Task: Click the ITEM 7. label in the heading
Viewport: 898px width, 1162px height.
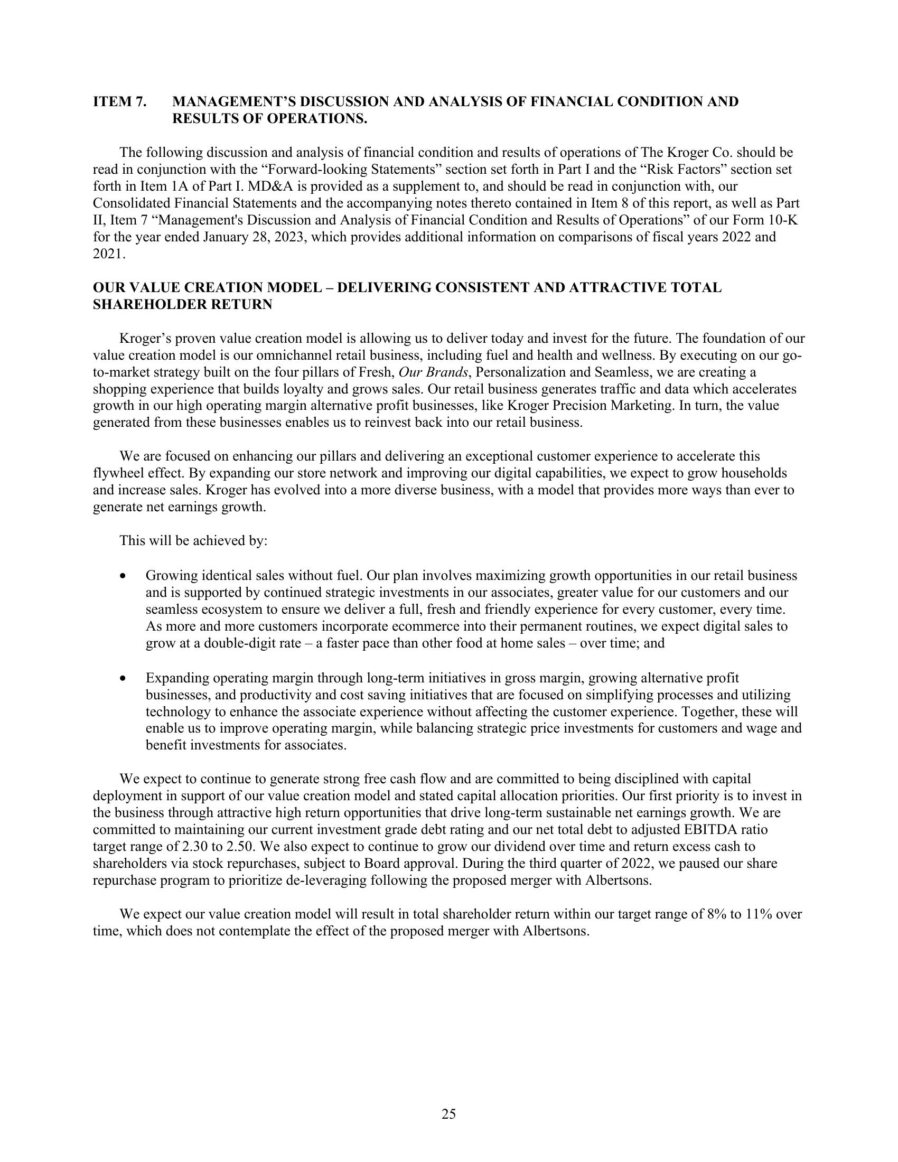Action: pyautogui.click(x=120, y=101)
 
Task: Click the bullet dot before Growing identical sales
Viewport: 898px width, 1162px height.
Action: pyautogui.click(x=124, y=576)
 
